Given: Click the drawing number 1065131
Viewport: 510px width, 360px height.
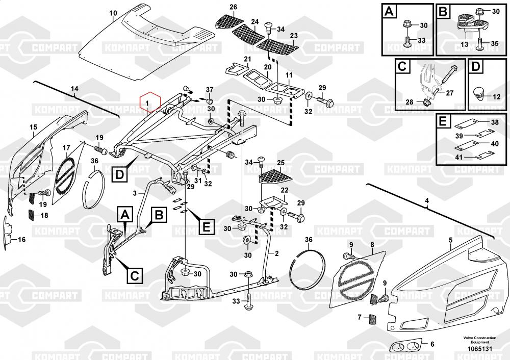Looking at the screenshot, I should (x=477, y=349).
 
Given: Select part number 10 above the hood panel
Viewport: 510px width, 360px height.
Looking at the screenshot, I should (x=113, y=13).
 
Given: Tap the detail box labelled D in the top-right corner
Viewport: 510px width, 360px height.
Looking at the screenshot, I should (x=475, y=67).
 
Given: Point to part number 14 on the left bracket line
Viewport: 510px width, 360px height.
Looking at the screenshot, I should (x=74, y=89).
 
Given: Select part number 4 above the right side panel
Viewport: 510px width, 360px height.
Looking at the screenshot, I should (x=427, y=202).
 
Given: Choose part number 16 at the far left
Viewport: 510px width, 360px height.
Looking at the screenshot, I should (x=21, y=239).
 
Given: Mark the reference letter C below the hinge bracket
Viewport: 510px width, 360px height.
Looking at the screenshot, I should (x=134, y=276).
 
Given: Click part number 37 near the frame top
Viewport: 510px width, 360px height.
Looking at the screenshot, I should (x=209, y=90).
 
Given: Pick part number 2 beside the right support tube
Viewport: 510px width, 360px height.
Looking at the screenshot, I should (x=276, y=253).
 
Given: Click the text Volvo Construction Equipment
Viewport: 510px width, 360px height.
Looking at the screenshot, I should (x=477, y=340).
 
